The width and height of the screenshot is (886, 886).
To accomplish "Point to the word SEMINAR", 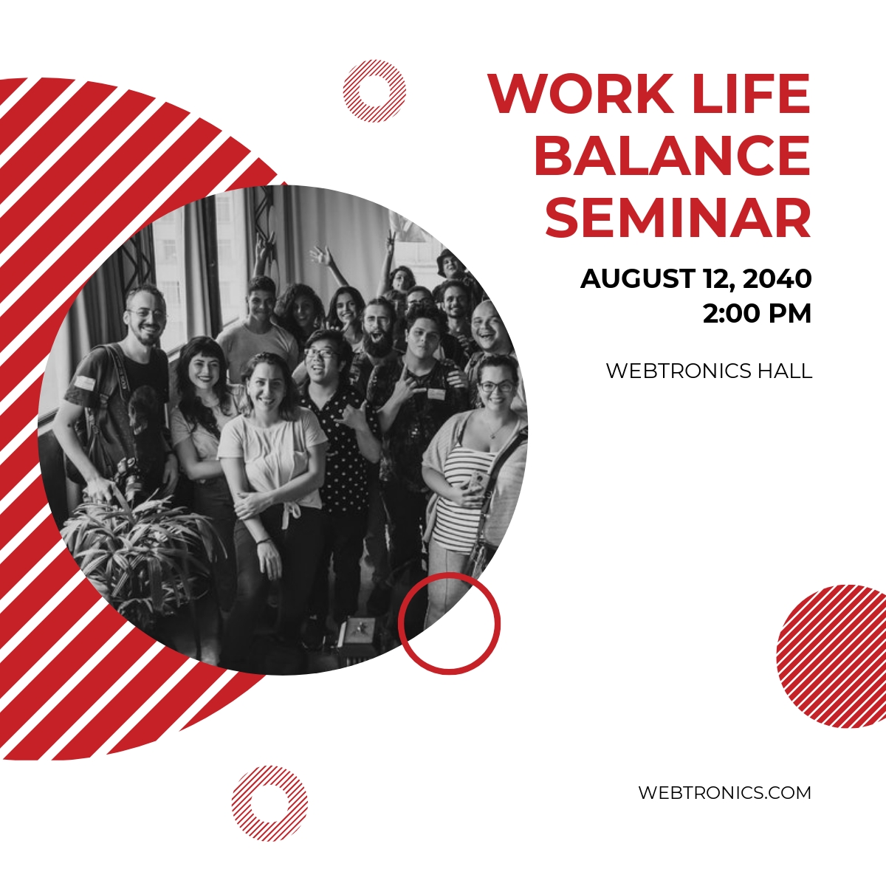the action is click(x=679, y=217).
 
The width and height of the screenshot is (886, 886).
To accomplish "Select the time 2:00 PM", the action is click(x=757, y=314).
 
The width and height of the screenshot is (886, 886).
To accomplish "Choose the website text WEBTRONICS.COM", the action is click(x=724, y=793).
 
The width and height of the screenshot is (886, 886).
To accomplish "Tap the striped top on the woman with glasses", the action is click(x=462, y=494).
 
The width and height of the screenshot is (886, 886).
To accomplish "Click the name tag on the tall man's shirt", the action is click(x=85, y=382).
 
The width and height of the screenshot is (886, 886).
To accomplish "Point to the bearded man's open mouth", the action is click(x=379, y=337).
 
